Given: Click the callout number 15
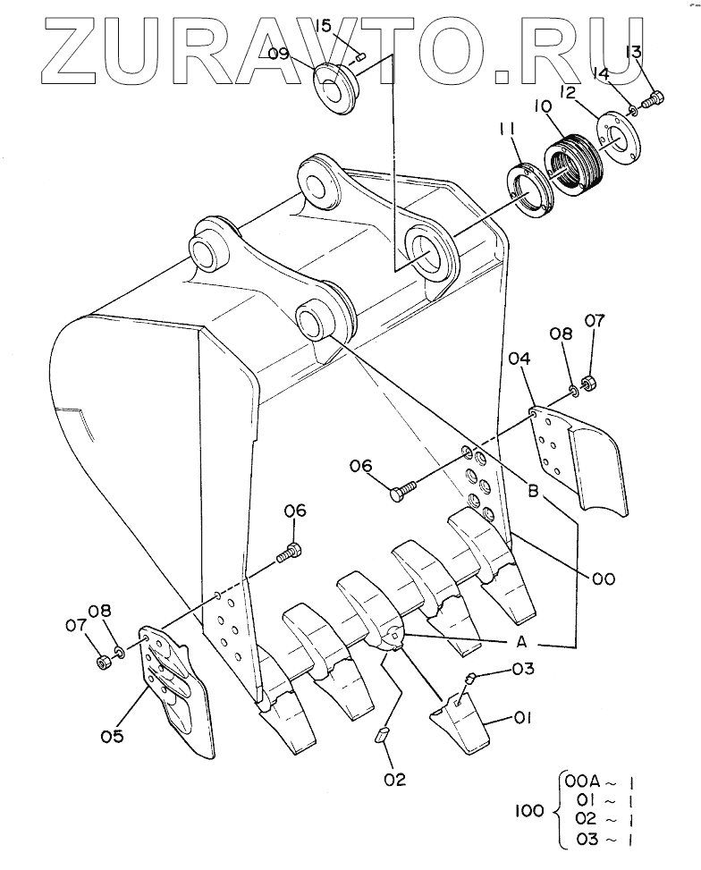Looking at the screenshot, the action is [x=323, y=26].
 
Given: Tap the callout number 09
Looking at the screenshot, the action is [x=279, y=54].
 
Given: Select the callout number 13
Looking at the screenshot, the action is [x=633, y=52].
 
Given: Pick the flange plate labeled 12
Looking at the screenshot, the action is [x=618, y=139].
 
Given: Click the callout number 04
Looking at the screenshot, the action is [x=519, y=359].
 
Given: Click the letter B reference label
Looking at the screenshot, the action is [x=533, y=491].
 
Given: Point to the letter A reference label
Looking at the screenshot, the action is [x=521, y=642].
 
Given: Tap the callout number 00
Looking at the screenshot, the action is [x=604, y=579].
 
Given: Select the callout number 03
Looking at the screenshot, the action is [x=523, y=669].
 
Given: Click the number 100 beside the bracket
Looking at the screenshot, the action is [x=529, y=811].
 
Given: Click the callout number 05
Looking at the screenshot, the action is [x=112, y=736].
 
